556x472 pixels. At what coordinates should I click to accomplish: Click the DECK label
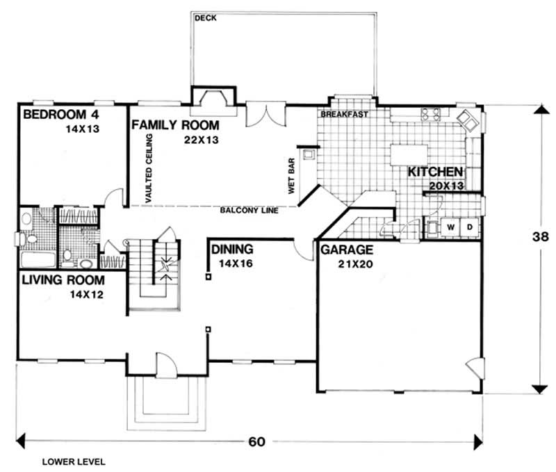click(206, 18)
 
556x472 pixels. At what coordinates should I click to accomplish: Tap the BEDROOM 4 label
click(59, 114)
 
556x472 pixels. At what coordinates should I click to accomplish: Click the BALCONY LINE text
click(249, 211)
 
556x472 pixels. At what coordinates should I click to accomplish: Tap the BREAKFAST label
click(344, 115)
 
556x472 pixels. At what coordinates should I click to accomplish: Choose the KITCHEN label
click(435, 172)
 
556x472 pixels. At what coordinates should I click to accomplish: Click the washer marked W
click(450, 227)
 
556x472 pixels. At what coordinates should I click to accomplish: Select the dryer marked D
click(469, 227)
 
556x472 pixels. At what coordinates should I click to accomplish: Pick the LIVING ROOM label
click(63, 281)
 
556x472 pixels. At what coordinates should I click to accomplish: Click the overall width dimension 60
click(256, 441)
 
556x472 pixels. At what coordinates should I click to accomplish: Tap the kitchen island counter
click(408, 153)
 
